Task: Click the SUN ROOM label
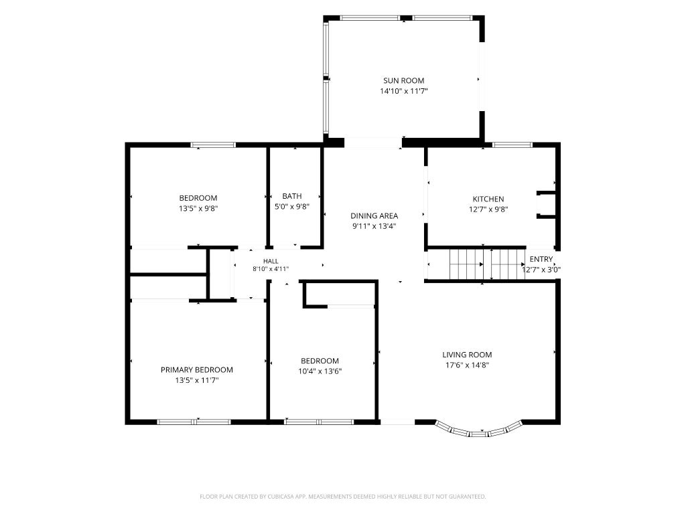[403, 80]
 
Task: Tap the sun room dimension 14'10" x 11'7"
[403, 91]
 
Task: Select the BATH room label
[292, 196]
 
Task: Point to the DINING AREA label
[374, 216]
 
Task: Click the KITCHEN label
[488, 199]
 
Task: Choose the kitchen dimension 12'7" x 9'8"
[488, 209]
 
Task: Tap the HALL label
[271, 262]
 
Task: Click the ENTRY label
[541, 259]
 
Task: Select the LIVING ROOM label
[467, 355]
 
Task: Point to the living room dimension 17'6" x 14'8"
[467, 365]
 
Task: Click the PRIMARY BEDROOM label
[197, 369]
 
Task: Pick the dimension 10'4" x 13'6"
[320, 371]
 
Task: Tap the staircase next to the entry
[488, 264]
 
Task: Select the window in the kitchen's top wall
[512, 145]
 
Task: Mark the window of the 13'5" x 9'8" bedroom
[213, 145]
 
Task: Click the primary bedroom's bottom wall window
[194, 422]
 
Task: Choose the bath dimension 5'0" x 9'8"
[292, 207]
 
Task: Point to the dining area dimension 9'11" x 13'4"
[374, 226]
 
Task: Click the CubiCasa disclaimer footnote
[342, 497]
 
